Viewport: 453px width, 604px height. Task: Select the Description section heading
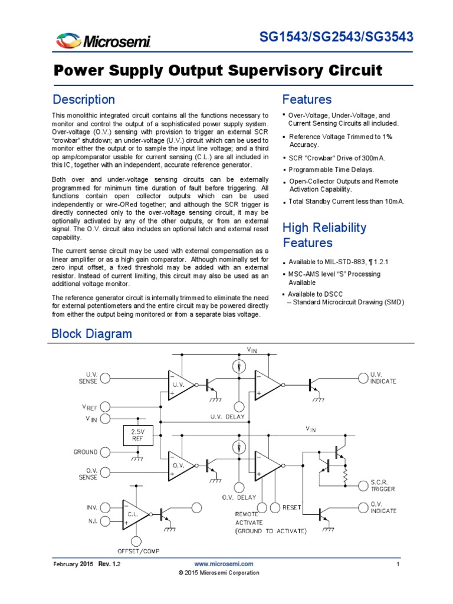coord(84,99)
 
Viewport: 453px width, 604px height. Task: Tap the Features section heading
coord(307,99)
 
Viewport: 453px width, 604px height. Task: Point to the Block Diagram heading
coord(92,334)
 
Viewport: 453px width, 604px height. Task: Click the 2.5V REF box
coord(137,436)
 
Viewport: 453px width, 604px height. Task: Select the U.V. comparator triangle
coord(180,386)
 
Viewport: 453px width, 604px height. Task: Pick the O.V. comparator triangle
coord(180,465)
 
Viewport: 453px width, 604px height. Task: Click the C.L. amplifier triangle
coord(135,514)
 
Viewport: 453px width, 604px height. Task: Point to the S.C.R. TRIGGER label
coord(383,485)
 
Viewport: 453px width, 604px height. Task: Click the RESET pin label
coord(292,507)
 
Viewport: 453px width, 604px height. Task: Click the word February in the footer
coord(67,564)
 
